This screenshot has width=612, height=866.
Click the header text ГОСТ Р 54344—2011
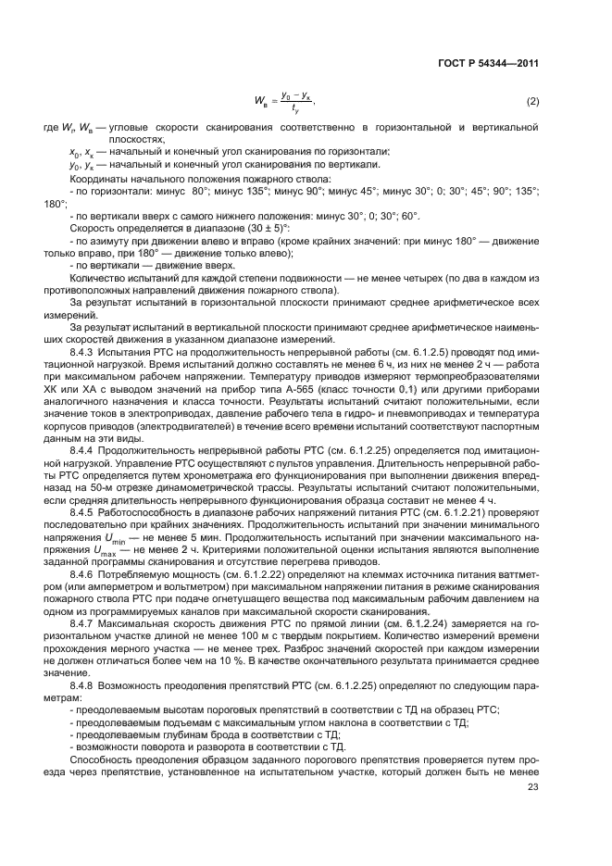[x=491, y=64]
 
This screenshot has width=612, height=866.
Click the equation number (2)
[x=532, y=100]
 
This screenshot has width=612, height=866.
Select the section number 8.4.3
[x=84, y=355]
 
